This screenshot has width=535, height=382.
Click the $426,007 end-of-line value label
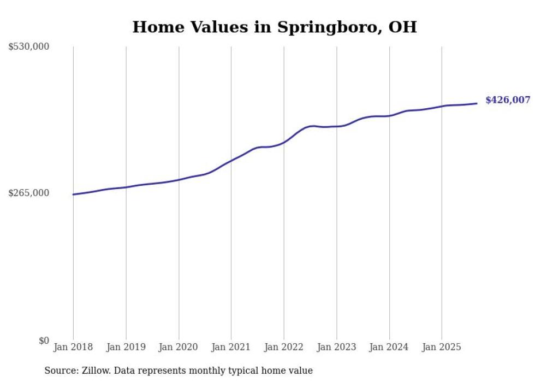(507, 100)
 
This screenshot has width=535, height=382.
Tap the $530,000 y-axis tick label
(29, 47)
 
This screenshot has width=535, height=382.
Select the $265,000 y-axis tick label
(29, 193)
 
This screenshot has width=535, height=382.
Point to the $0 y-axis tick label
(44, 340)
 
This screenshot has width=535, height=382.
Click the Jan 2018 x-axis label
(73, 347)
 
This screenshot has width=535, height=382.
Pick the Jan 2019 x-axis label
(126, 347)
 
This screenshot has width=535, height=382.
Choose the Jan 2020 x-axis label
(179, 347)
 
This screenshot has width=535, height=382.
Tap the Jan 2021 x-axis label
(231, 347)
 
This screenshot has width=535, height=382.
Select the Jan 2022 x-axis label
(284, 347)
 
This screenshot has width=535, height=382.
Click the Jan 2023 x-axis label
(336, 347)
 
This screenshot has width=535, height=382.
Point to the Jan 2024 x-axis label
(389, 347)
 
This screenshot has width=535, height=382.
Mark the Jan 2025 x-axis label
(442, 347)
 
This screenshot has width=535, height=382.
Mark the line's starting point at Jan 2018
(73, 195)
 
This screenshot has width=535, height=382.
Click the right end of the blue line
(477, 103)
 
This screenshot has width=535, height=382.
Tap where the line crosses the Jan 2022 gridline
(284, 142)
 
